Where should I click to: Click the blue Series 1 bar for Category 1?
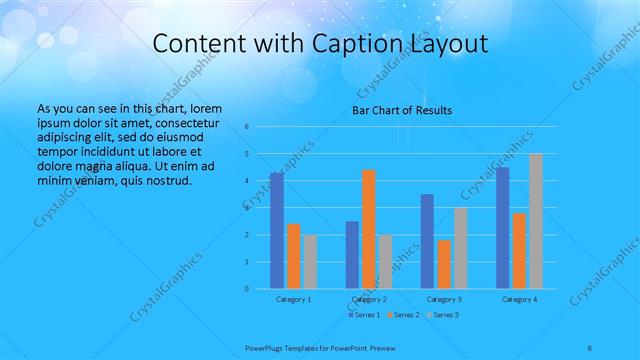coord(277,230)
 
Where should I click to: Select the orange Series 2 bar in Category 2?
coord(368,229)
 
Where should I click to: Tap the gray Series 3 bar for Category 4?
coord(535,221)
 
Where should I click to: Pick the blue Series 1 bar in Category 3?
coord(427,241)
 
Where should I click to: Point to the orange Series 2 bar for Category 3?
coord(443,264)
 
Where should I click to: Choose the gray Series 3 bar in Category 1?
coord(310,261)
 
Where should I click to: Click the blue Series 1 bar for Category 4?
coord(502,227)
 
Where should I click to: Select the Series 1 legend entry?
coord(365,315)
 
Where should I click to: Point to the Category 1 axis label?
coord(293,299)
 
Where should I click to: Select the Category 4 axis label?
coord(519,299)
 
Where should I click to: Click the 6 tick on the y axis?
coord(246,127)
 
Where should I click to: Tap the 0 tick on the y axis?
coord(246,289)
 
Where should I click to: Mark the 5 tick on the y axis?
coord(246,154)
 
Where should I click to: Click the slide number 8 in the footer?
coord(590,347)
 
